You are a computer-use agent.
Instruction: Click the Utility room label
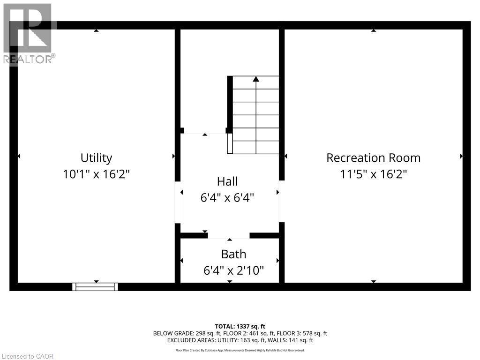pos(96,157)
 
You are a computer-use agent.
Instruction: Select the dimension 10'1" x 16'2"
pos(96,174)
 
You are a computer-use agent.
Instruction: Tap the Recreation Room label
pos(373,157)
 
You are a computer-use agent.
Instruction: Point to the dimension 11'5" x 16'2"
pos(373,174)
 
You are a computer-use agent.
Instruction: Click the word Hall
pos(227,181)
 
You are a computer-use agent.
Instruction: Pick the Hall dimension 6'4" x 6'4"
pos(227,198)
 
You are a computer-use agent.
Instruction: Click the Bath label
pos(233,254)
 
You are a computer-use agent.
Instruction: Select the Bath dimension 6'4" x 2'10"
pos(233,270)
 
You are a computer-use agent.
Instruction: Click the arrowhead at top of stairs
pos(256,79)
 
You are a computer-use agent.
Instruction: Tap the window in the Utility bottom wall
pos(95,286)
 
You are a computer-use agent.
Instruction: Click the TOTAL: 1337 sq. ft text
pos(240,326)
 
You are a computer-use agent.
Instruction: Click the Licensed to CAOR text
pos(27,356)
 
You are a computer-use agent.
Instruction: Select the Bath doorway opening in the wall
pos(229,235)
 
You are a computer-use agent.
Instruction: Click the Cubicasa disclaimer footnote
pos(240,350)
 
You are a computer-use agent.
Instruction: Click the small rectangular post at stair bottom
pos(230,143)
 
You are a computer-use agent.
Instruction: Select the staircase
pos(256,115)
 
